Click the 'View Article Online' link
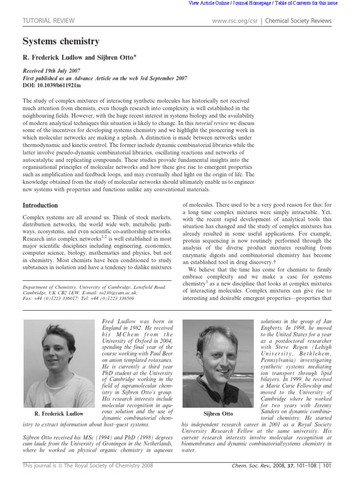click(x=206, y=3)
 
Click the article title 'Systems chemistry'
click(x=61, y=42)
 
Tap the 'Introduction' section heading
click(x=40, y=205)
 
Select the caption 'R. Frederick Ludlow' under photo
click(x=59, y=413)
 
